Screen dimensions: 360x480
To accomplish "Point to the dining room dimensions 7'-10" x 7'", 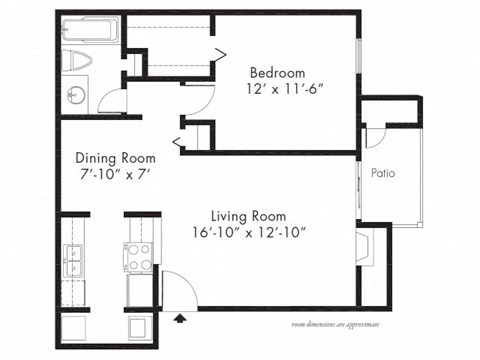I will pyautogui.click(x=112, y=173).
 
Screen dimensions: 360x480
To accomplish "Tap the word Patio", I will pyautogui.click(x=383, y=173).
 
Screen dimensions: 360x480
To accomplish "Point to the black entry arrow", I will pyautogui.click(x=180, y=319).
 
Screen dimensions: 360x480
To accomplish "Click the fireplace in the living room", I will pyautogui.click(x=364, y=246).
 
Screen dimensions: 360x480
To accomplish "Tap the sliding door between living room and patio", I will pyautogui.click(x=358, y=184).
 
